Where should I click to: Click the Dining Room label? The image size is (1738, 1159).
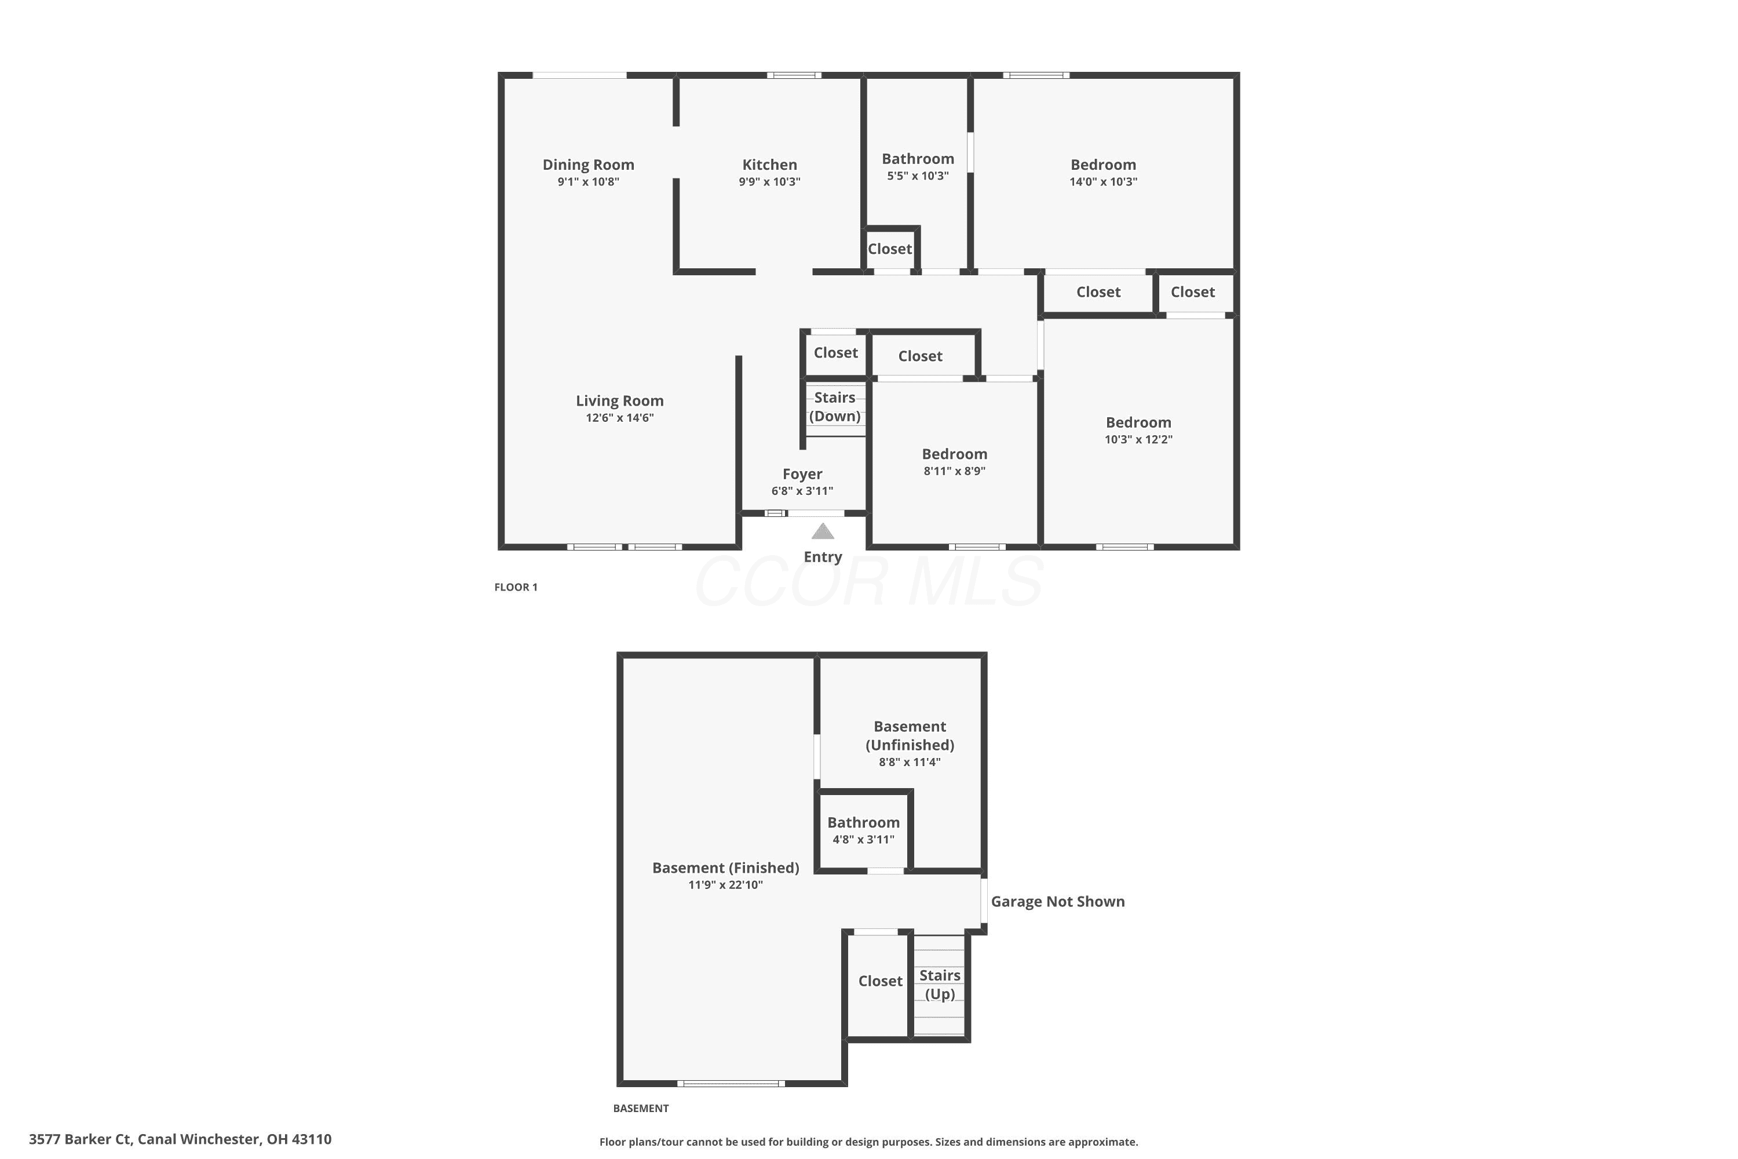click(588, 165)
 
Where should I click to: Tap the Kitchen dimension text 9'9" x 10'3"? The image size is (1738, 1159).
click(769, 182)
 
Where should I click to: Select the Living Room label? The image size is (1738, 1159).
click(619, 400)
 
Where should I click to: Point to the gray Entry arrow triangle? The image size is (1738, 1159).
click(823, 531)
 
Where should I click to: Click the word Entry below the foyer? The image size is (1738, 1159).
click(823, 557)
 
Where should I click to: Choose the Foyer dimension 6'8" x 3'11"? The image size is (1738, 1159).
click(802, 491)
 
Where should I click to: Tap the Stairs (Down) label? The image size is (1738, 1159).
click(835, 407)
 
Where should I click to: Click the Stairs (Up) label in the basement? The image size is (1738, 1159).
click(940, 985)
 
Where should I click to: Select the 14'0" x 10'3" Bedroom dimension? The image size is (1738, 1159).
click(1103, 182)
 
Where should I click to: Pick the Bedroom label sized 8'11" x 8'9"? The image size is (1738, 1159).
click(954, 454)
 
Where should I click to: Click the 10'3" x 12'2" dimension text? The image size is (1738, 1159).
click(1138, 439)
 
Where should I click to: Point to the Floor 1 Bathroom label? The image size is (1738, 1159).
click(918, 159)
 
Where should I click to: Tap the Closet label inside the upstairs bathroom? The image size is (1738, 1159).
click(890, 249)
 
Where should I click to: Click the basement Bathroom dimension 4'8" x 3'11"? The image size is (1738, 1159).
click(863, 840)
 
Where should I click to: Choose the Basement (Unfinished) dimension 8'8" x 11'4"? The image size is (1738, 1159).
click(909, 762)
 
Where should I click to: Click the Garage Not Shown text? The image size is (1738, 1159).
click(1057, 902)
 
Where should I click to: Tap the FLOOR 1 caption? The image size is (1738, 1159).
click(516, 588)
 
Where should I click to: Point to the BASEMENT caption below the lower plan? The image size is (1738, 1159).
click(641, 1109)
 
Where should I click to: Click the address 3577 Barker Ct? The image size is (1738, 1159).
click(80, 1139)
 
